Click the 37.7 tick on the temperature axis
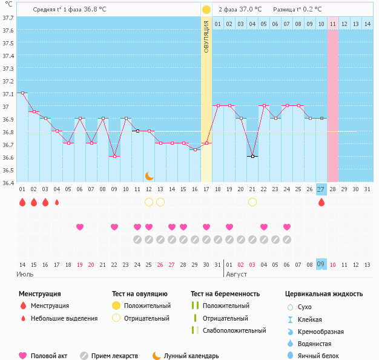click(x=8, y=18)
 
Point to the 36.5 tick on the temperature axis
click(x=8, y=170)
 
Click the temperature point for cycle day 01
click(x=22, y=93)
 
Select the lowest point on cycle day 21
click(x=252, y=156)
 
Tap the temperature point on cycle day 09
click(x=114, y=156)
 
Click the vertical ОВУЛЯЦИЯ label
click(x=206, y=36)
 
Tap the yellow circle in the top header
click(x=206, y=10)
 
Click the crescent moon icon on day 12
click(x=149, y=175)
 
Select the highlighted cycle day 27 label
click(x=321, y=189)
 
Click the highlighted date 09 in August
click(x=321, y=264)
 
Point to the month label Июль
click(x=25, y=275)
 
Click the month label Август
click(x=237, y=275)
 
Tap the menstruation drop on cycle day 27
click(x=321, y=202)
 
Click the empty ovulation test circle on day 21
click(x=252, y=201)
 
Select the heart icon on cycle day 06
click(x=80, y=227)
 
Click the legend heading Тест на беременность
click(x=225, y=294)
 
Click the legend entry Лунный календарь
click(x=191, y=356)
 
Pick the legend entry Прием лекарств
click(x=114, y=356)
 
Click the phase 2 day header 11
click(x=333, y=24)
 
